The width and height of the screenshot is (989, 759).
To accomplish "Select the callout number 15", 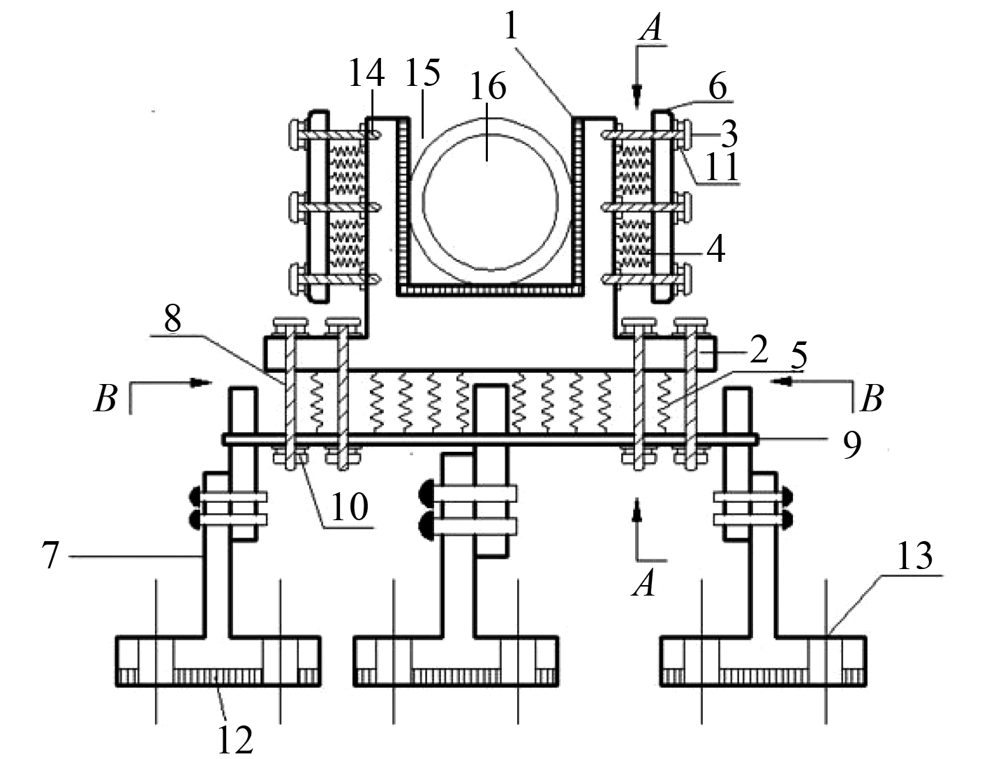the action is [423, 72].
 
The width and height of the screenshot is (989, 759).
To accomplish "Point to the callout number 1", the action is [512, 26].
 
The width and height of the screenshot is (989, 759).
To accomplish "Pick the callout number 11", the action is [723, 167].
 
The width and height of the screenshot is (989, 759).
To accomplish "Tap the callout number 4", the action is [716, 249].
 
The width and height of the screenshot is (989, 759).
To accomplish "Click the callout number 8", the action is [172, 318].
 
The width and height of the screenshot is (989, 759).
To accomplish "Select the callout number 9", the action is [852, 445].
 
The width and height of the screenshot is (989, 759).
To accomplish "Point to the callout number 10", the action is [350, 506].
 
